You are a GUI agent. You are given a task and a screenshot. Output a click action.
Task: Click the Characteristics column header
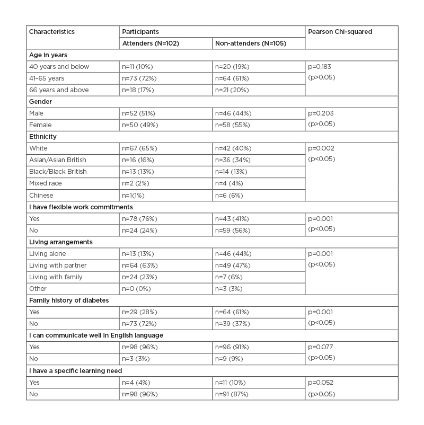point(52,32)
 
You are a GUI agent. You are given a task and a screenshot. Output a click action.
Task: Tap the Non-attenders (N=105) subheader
point(250,43)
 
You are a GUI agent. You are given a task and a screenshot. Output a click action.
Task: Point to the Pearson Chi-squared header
point(340,32)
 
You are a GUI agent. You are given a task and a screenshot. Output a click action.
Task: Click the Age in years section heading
point(48,55)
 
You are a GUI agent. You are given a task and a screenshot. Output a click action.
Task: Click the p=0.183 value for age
point(321,67)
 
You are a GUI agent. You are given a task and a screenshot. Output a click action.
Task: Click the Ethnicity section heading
point(43,137)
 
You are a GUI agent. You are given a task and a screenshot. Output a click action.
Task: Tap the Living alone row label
point(48,253)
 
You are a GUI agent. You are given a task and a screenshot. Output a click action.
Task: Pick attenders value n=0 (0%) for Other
point(139,288)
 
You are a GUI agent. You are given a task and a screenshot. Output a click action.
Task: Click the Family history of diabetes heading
point(69,300)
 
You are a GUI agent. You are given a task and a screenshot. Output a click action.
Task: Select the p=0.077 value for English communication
point(321,347)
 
